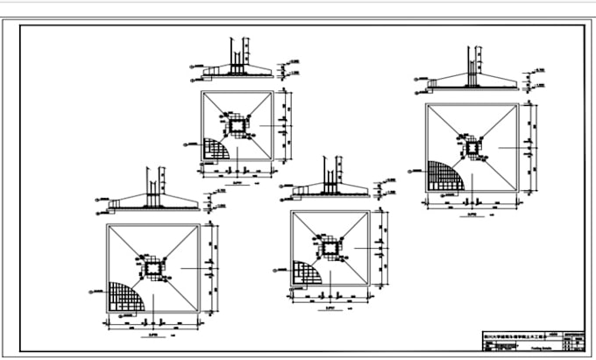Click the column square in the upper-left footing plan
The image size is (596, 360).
click(x=238, y=126)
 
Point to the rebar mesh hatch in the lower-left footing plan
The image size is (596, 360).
click(x=124, y=296)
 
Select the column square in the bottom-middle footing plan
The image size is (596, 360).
click(x=330, y=249)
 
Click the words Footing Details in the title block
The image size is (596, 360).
click(x=531, y=347)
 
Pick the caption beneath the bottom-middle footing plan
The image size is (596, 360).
click(x=330, y=307)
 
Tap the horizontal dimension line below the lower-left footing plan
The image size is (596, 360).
click(x=153, y=325)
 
